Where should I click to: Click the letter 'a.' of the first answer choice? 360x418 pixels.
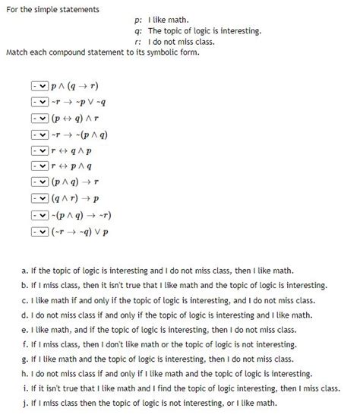click(26, 270)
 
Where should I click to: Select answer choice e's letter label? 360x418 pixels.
click(26, 328)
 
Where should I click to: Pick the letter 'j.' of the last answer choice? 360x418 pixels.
click(26, 402)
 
